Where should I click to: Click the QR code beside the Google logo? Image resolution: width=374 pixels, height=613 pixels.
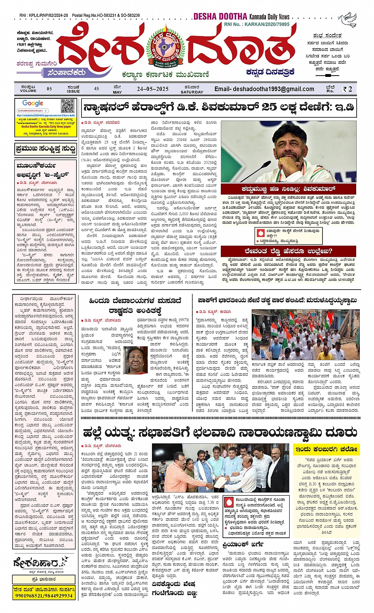68,106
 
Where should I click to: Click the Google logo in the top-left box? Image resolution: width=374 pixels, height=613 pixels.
33,103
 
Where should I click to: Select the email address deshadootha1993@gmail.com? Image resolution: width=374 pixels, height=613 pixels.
264,89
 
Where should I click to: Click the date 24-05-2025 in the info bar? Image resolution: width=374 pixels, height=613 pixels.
153,89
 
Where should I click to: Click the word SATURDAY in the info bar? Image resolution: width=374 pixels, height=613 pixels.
192,92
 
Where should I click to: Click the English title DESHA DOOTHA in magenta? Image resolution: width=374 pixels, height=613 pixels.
220,16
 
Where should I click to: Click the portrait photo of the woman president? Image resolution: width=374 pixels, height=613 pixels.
135,360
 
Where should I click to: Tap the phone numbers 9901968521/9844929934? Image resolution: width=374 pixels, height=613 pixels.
44,595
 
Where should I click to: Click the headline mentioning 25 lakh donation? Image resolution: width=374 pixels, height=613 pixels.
218,107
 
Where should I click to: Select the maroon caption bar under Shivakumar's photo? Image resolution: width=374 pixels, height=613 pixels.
288,189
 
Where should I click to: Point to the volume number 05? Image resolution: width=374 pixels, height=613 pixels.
49,89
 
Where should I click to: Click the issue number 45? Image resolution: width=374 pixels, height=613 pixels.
97,89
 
